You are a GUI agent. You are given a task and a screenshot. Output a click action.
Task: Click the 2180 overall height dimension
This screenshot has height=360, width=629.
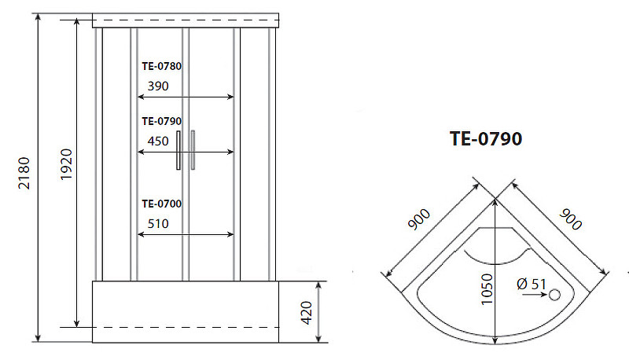click(x=24, y=173)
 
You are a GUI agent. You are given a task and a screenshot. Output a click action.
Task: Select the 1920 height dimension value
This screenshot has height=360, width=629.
click(x=66, y=164)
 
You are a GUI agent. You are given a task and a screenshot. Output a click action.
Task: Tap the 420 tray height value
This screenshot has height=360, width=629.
click(x=306, y=313)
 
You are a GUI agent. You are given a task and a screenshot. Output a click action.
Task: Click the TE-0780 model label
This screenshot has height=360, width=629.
click(x=162, y=66)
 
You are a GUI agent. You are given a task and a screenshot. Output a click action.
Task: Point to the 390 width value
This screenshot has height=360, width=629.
click(x=158, y=86)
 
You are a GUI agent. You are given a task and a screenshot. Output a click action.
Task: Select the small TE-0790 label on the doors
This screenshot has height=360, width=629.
click(x=162, y=121)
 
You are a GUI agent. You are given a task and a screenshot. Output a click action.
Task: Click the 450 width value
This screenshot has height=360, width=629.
click(x=158, y=141)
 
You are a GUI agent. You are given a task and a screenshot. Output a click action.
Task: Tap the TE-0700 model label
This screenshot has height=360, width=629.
click(x=162, y=204)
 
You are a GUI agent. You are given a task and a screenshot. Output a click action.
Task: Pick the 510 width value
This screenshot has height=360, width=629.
click(x=158, y=224)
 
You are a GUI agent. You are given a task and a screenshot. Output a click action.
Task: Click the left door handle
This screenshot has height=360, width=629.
click(x=178, y=150)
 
